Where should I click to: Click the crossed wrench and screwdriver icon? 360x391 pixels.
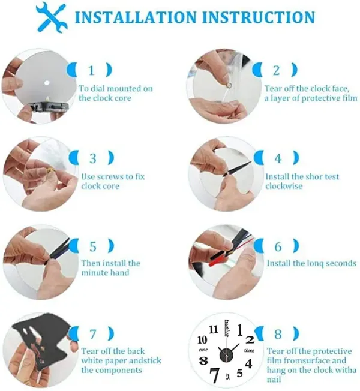pos(52,17)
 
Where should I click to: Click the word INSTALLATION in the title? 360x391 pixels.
pos(136,17)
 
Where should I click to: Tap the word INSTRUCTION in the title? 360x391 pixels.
pos(258,17)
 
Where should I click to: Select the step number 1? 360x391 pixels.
pos(92,71)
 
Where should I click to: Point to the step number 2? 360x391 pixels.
pos(276,71)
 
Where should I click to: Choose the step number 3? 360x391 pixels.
pos(93,158)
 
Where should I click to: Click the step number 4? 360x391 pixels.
pos(278,158)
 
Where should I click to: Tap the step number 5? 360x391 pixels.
pos(93,246)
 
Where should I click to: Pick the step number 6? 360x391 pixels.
pos(278,246)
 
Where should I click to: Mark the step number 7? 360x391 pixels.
pos(92,335)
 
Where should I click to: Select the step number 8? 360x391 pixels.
pos(278,335)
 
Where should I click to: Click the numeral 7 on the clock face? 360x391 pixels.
pos(214,375)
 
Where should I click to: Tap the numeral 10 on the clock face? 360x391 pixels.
pos(202,340)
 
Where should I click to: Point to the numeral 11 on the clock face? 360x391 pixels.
pos(214,330)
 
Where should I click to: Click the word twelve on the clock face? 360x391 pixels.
pos(227,328)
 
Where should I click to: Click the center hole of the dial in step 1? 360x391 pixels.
pos(47,83)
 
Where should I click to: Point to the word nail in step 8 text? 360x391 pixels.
pos(274,380)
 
